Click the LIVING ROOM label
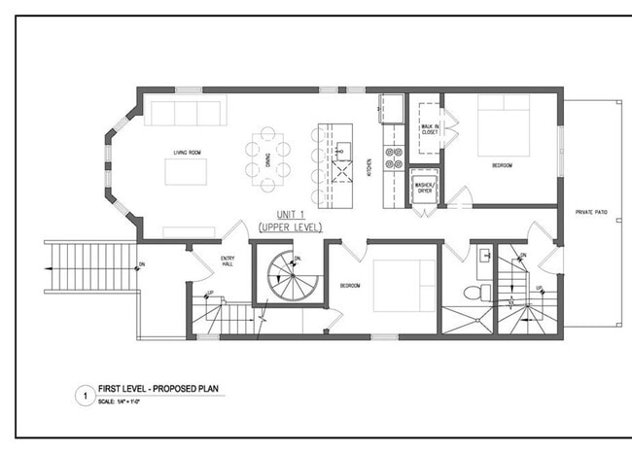pyautogui.click(x=187, y=153)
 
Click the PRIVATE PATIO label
pyautogui.click(x=591, y=211)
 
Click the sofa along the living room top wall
pyautogui.click(x=183, y=112)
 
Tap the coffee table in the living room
pyautogui.click(x=187, y=172)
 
